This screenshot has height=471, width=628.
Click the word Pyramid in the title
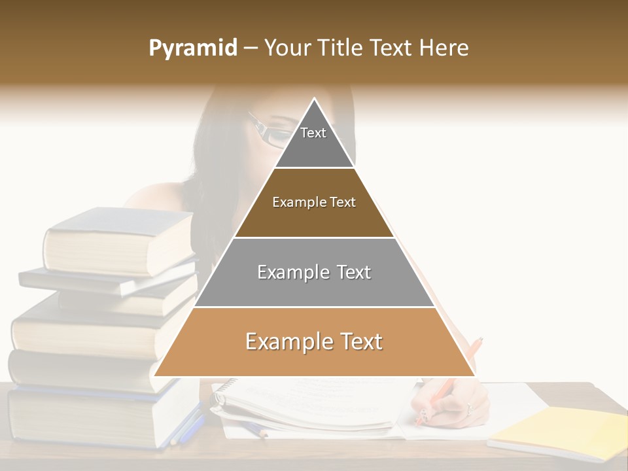coord(193,48)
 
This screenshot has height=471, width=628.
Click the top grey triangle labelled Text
coord(314,141)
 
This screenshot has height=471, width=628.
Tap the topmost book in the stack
coord(118,242)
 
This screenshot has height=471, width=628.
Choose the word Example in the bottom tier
coord(280,341)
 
